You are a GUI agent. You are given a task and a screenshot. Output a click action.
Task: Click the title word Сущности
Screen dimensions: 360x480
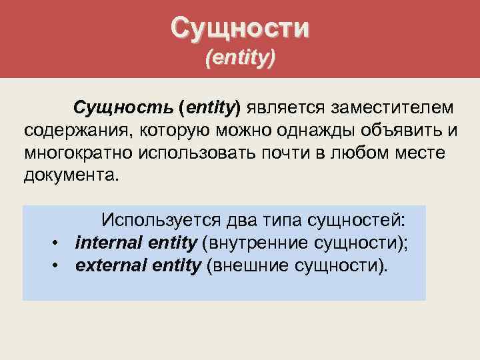pos(240,28)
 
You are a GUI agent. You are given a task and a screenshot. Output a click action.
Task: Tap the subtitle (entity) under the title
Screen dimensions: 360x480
pos(240,59)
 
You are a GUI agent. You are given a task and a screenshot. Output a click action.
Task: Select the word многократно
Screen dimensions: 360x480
pos(79,153)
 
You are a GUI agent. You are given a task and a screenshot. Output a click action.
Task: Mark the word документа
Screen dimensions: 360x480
pos(69,176)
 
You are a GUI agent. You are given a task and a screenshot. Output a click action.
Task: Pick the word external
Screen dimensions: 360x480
pos(107,266)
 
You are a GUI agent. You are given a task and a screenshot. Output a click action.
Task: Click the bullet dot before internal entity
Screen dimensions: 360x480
pos(59,243)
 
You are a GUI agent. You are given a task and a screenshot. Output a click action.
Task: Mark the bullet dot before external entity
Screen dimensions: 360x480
pos(59,266)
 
